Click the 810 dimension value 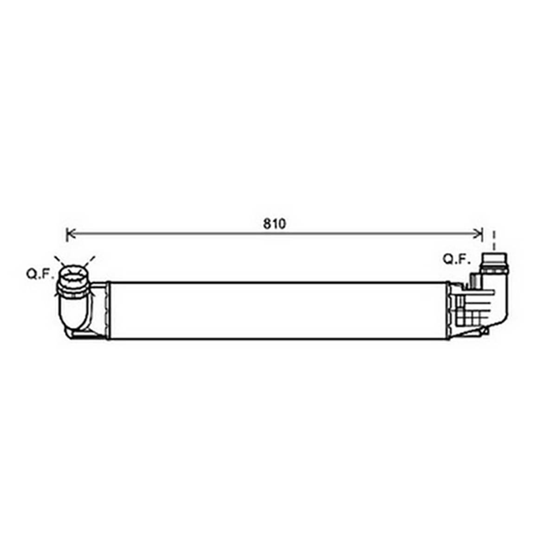274,224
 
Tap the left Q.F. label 40,274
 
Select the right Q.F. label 456,259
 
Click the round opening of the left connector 74,274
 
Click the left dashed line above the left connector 59,261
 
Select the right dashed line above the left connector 90,261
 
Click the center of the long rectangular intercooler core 279,310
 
